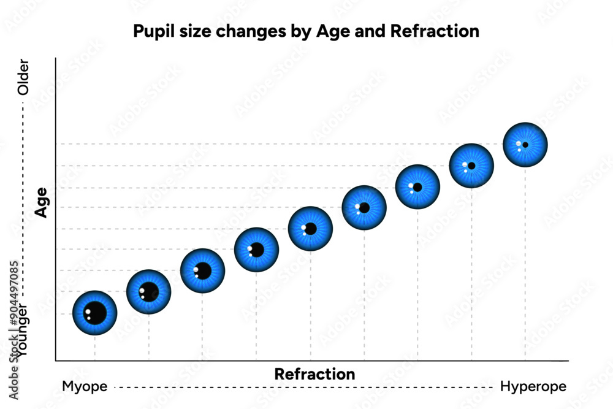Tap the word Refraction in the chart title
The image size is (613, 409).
point(440,31)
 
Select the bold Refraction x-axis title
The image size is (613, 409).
point(314,373)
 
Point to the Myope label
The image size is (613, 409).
point(85,387)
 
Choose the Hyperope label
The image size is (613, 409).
point(533,387)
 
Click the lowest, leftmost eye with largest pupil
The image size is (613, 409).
point(94,313)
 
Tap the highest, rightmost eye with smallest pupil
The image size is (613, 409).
point(525,145)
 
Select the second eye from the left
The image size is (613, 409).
point(148,292)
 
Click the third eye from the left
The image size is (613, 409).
point(202,271)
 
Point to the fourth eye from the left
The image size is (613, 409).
point(256,250)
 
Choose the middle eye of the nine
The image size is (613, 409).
point(310,229)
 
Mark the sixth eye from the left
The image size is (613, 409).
point(364,208)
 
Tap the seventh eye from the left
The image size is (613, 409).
point(417,187)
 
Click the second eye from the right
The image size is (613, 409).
point(471,166)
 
